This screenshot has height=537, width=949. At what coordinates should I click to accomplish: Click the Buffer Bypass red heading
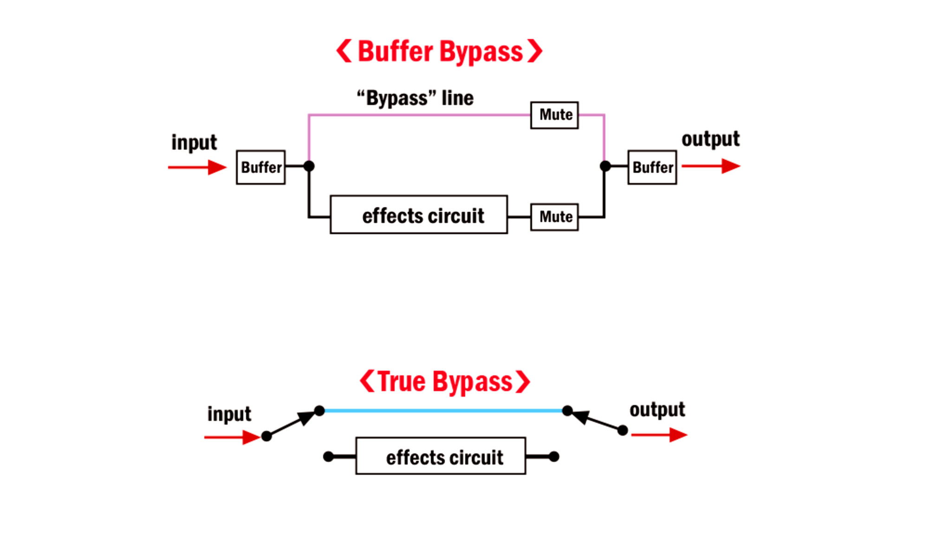[439, 51]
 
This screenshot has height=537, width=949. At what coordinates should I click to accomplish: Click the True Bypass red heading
[445, 382]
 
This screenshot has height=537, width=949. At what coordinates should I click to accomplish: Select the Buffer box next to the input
[260, 167]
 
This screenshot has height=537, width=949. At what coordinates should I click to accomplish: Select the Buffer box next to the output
[652, 167]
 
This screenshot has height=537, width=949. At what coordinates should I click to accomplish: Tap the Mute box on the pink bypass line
[554, 115]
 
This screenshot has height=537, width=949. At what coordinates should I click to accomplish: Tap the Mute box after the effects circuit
[554, 217]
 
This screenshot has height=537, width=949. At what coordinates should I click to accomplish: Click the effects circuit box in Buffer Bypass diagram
[418, 215]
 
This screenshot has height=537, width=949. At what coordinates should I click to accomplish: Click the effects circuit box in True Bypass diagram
[441, 456]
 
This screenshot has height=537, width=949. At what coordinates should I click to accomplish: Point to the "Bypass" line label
[415, 98]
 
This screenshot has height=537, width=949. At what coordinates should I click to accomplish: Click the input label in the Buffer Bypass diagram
[194, 143]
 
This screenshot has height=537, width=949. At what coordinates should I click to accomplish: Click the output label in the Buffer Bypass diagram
[710, 139]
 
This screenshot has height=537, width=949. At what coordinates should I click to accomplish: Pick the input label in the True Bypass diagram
[229, 414]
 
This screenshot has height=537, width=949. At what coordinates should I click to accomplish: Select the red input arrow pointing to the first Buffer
[197, 167]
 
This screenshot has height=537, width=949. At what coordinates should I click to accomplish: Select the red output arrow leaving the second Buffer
[710, 166]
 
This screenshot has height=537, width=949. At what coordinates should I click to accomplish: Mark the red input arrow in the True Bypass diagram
[232, 437]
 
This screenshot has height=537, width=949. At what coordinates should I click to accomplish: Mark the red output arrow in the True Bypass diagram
[659, 435]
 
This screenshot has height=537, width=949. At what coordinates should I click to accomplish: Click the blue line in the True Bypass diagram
[443, 411]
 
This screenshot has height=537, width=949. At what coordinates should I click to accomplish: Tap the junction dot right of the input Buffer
[309, 166]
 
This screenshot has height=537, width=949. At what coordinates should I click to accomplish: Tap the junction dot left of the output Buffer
[605, 166]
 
